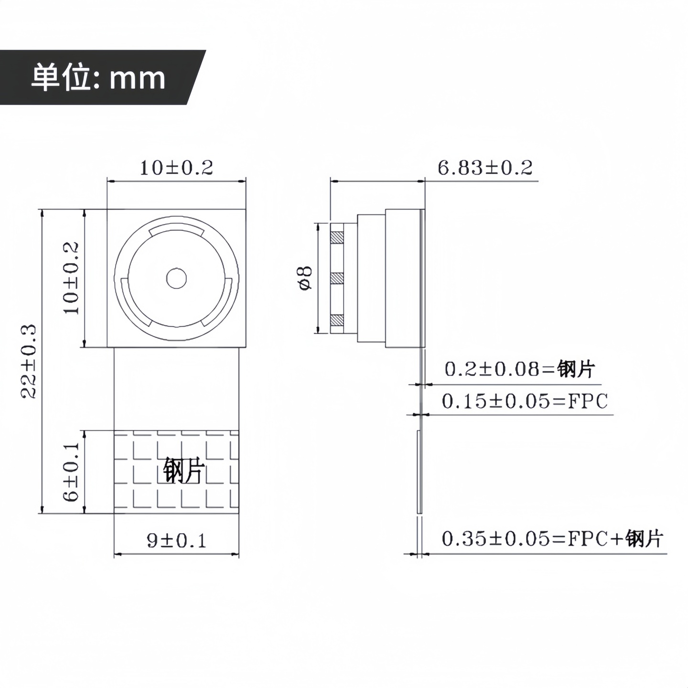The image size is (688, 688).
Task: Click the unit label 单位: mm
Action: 98,77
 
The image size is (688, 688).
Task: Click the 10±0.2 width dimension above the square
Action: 176,168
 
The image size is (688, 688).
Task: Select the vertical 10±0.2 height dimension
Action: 72,278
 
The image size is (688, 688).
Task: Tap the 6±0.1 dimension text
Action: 72,472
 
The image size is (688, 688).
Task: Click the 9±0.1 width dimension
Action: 176,540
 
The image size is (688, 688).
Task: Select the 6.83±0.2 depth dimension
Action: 484,168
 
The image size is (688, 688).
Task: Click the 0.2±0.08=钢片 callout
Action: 520,369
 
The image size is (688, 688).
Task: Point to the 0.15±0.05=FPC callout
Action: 525,401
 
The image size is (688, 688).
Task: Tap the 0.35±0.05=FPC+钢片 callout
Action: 552,538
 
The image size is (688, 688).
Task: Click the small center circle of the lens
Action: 176,278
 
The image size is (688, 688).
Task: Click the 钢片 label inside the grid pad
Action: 184,471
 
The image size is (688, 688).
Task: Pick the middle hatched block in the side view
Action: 337,278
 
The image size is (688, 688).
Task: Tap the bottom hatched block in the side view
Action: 337,319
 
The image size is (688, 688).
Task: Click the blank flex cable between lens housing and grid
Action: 176,388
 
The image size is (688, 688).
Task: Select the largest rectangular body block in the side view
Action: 403,278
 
